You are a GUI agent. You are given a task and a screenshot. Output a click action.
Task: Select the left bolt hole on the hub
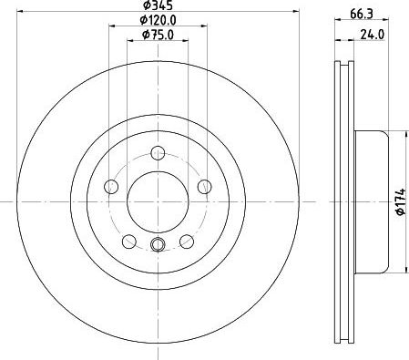pyautogui.click(x=112, y=187)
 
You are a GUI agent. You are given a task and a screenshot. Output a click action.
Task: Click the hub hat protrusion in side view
pyautogui.click(x=373, y=201)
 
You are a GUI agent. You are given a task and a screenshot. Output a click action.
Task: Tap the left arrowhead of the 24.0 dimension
pyautogui.click(x=338, y=40)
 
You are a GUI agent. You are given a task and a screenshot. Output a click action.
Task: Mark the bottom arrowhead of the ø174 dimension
pyautogui.click(x=404, y=269)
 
